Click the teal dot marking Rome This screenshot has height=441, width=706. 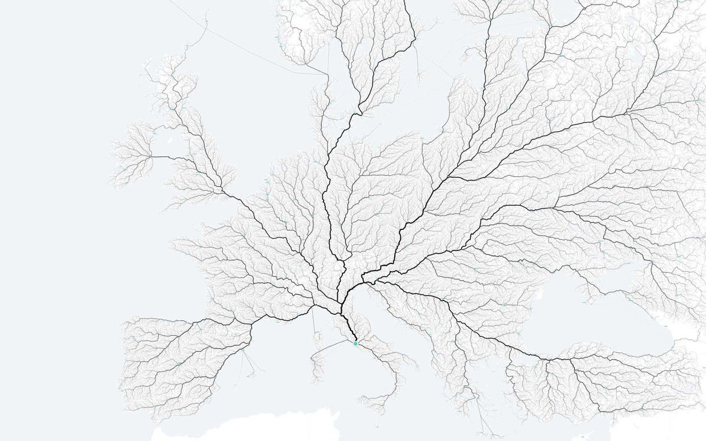[355, 343]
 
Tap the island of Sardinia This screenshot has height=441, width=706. [318, 367]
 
